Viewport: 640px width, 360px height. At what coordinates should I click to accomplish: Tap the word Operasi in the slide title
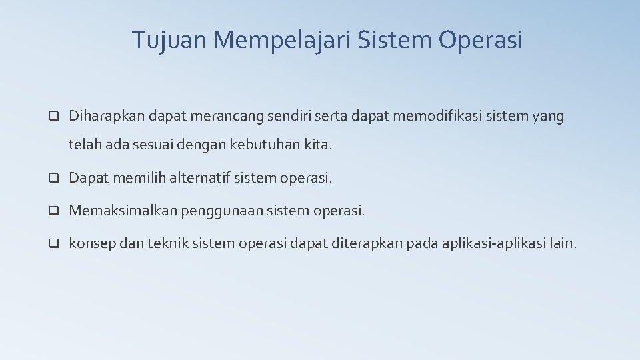(481, 40)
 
